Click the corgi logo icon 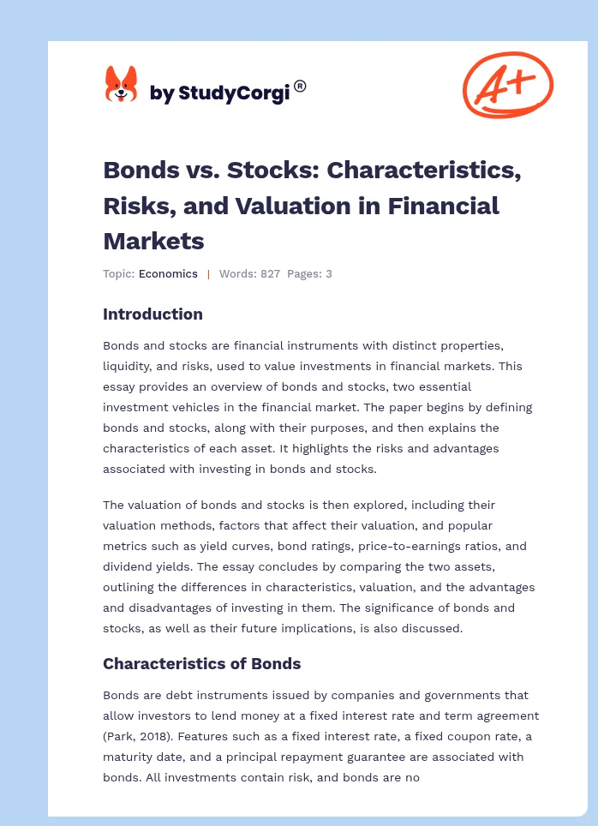pos(121,85)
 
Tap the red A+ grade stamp pos(507,85)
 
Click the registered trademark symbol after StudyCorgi pos(300,86)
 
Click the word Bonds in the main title pos(135,170)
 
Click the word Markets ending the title pos(153,241)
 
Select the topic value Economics pos(168,274)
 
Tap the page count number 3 pos(328,274)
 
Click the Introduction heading pos(152,314)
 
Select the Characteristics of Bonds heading pos(201,663)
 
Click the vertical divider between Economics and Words pos(208,274)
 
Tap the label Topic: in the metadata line pos(118,274)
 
